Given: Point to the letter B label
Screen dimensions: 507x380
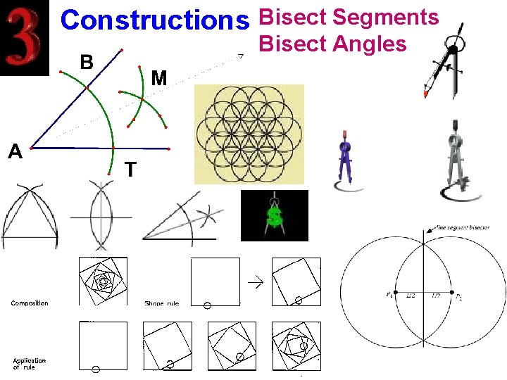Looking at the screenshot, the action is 87,63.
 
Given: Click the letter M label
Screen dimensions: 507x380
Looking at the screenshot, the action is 159,78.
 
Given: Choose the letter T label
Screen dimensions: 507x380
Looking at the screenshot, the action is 130,170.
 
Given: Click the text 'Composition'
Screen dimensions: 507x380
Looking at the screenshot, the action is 30,303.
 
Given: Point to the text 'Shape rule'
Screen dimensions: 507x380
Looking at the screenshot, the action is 161,303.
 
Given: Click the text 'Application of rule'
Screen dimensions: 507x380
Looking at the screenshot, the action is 29,364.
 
